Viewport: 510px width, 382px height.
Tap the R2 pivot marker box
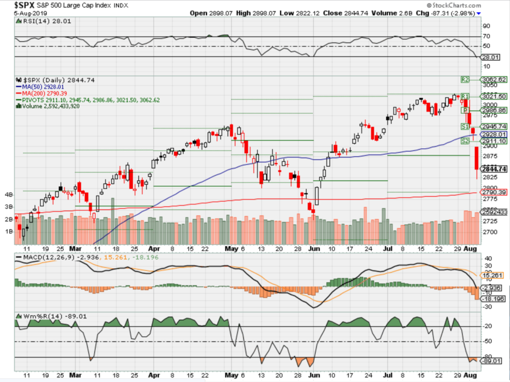465,79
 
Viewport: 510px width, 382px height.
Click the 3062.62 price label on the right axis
492,79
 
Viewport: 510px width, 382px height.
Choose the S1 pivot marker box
465,127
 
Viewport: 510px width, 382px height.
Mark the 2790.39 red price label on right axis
492,192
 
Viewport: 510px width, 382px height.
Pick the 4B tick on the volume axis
9,194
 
